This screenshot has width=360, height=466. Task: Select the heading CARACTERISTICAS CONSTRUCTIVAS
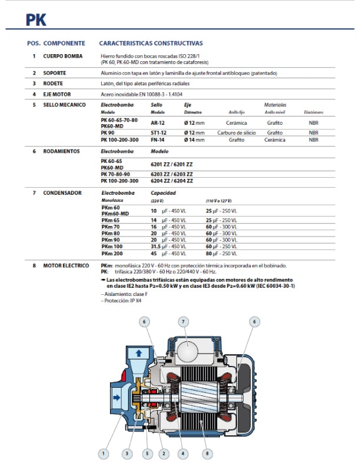(151, 43)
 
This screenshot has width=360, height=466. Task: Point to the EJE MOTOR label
(56, 94)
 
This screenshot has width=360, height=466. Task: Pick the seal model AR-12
(158, 123)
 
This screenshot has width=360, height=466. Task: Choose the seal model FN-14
(158, 140)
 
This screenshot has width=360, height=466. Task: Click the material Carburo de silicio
(236, 132)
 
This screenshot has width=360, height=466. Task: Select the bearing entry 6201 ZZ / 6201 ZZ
(172, 164)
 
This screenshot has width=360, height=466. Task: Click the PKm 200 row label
(111, 254)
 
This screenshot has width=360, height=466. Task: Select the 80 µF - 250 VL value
(221, 254)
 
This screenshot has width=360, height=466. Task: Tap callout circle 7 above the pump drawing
(184, 322)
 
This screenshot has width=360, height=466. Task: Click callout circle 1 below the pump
(104, 454)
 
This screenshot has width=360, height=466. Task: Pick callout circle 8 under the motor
(207, 454)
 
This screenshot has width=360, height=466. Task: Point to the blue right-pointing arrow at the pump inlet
(116, 397)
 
